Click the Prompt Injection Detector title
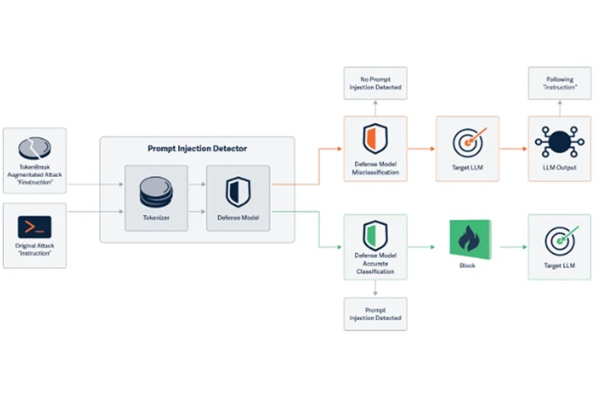(197, 149)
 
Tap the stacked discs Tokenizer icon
(156, 191)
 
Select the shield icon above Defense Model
(238, 191)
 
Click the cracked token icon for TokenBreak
(34, 149)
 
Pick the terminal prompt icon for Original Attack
(34, 227)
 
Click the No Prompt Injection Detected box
(375, 83)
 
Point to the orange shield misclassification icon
(375, 139)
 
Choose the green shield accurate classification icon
(375, 235)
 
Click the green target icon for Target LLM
(560, 241)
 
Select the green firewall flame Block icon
(468, 240)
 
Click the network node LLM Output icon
(559, 142)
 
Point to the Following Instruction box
(560, 83)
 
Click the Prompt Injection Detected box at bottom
(375, 314)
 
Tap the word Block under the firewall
(468, 266)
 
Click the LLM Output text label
(560, 168)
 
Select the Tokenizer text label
(156, 217)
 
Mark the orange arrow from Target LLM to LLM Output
(513, 149)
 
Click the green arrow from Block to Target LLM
(513, 246)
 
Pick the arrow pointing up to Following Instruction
(560, 108)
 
